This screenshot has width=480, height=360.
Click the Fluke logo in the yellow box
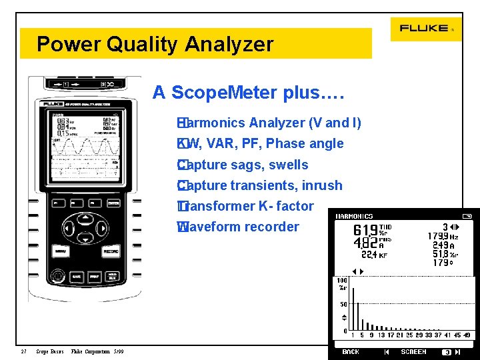(x=425, y=29)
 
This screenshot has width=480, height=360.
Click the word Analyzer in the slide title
(x=229, y=45)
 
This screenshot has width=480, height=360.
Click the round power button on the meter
(x=59, y=275)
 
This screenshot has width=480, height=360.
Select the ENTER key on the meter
(x=113, y=202)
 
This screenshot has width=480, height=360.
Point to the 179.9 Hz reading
(x=443, y=236)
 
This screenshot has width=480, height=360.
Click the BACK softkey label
(x=351, y=352)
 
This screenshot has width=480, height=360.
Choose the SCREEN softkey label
(x=413, y=352)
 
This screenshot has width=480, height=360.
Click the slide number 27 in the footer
(x=23, y=352)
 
